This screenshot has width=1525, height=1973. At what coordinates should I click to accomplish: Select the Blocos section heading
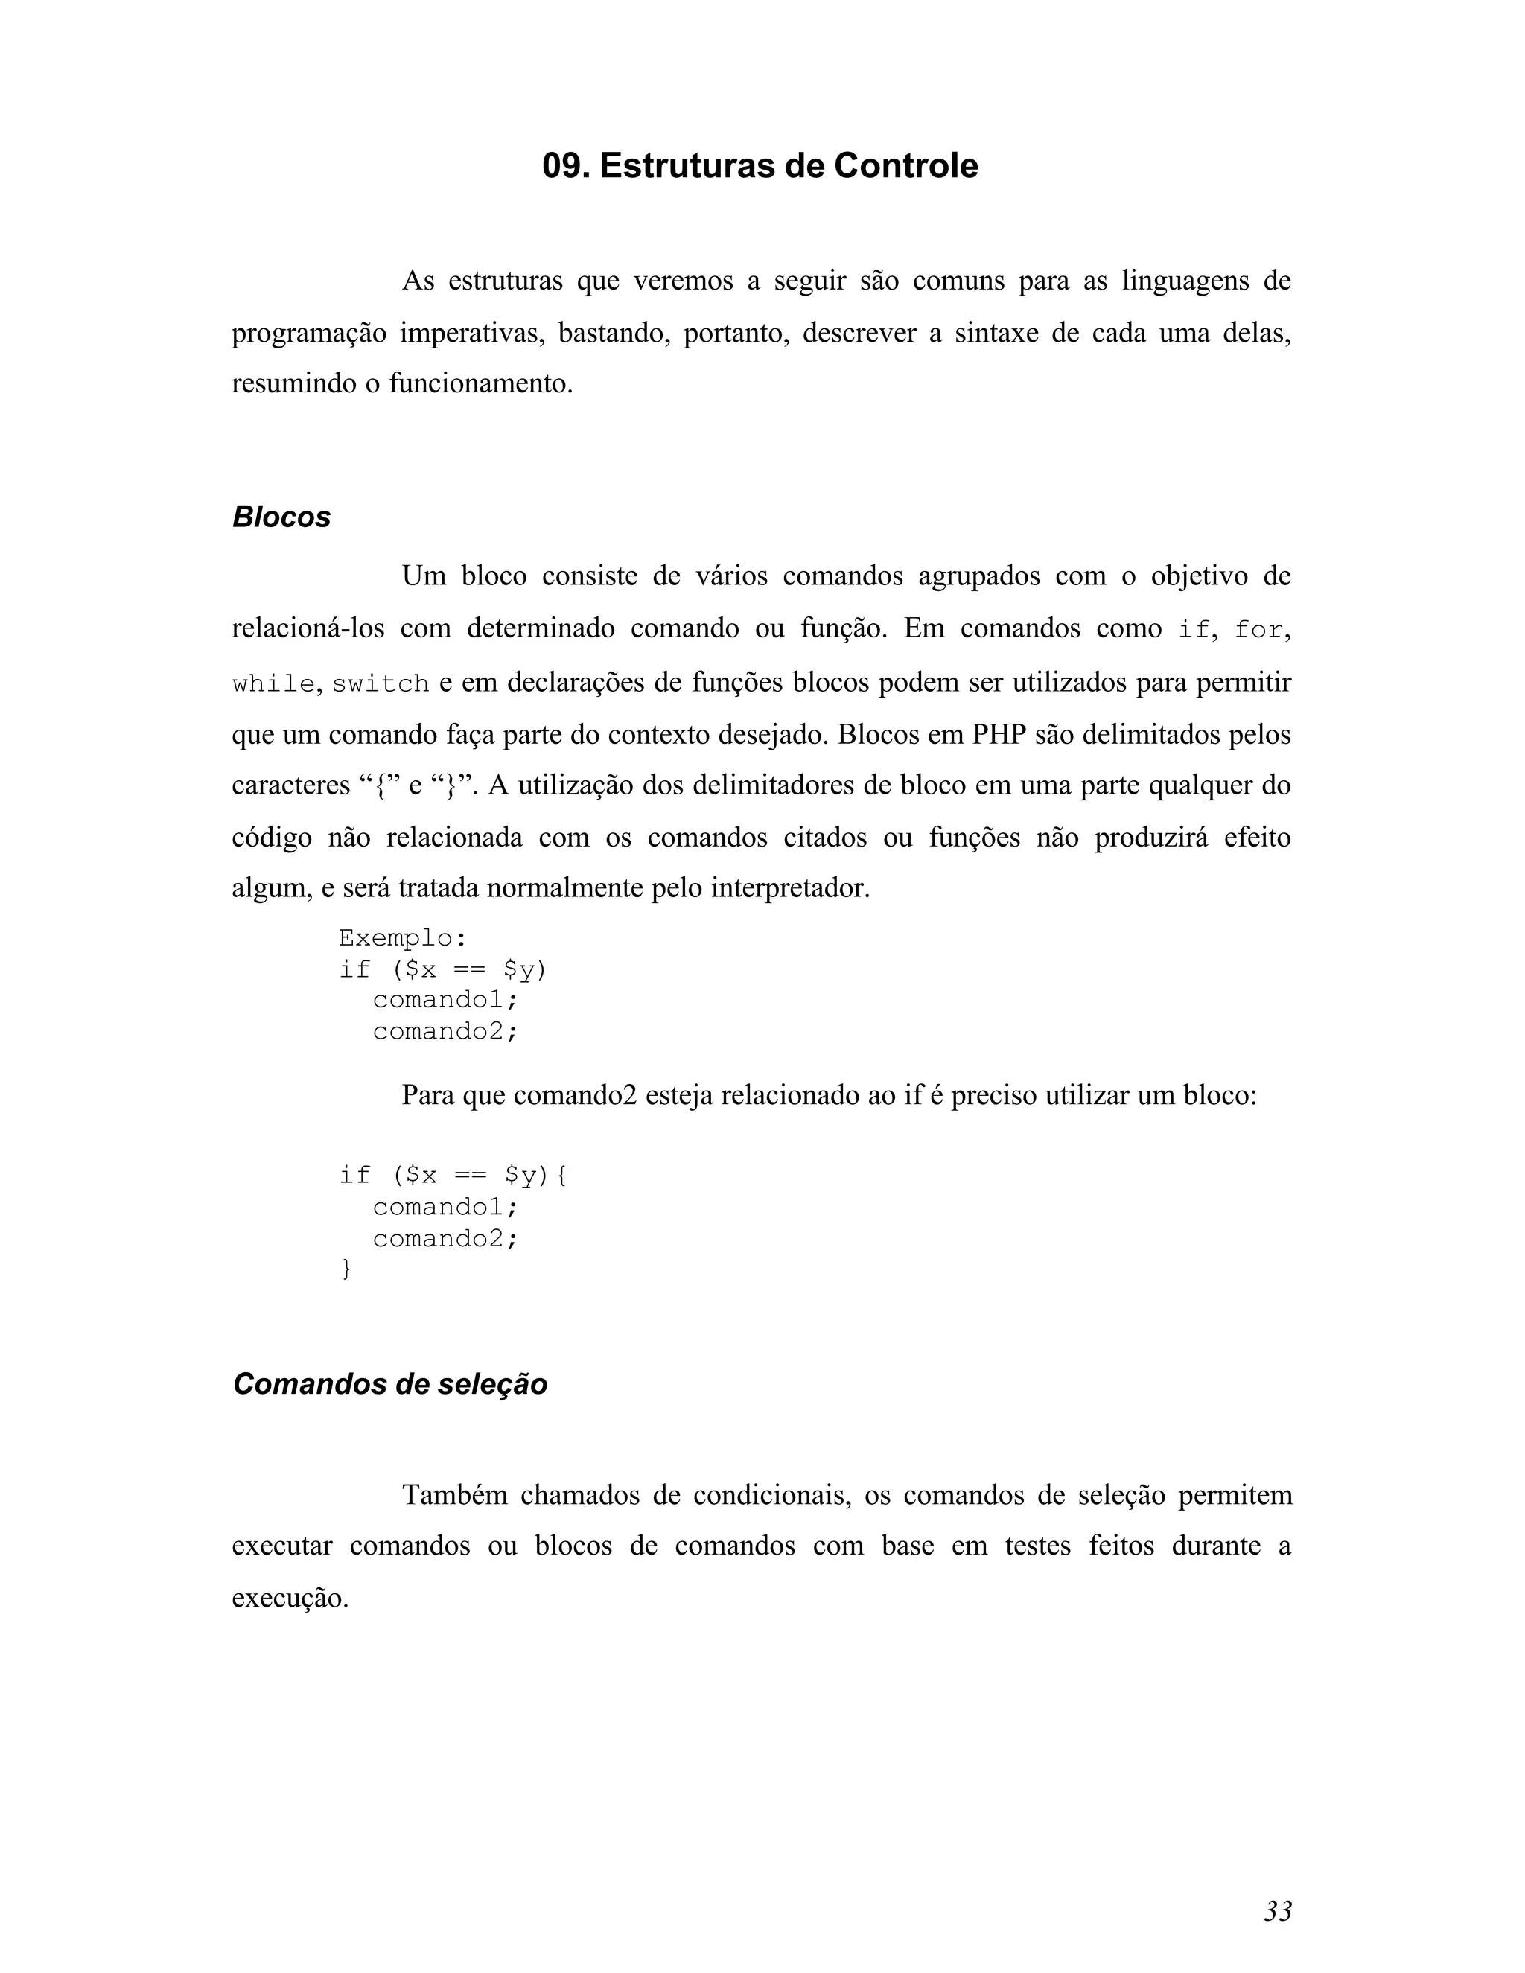point(282,517)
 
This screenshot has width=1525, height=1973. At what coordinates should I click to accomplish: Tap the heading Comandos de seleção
point(390,1384)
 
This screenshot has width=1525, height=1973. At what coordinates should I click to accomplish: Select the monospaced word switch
point(381,684)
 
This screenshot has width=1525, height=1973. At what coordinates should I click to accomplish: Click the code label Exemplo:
point(403,939)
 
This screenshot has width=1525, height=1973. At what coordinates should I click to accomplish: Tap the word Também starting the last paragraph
point(454,1495)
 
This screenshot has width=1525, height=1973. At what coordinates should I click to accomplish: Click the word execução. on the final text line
point(290,1598)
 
